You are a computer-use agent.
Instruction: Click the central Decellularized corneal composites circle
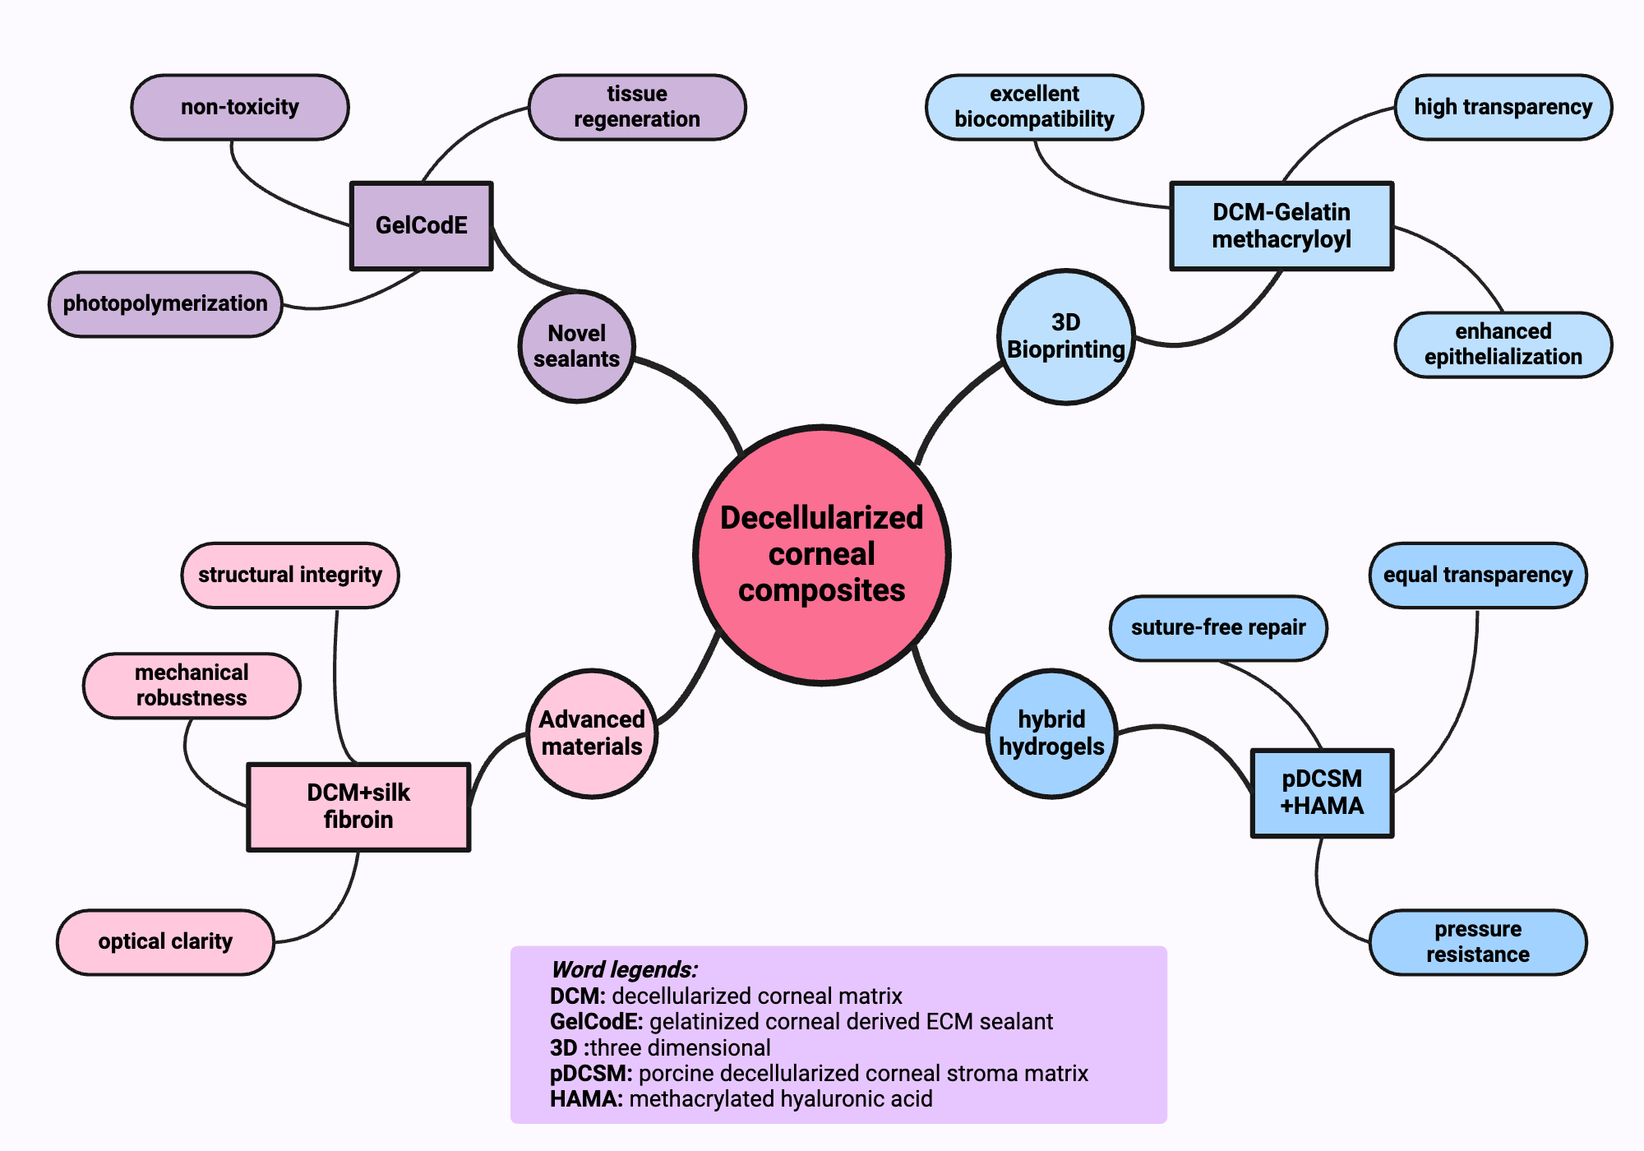point(822,555)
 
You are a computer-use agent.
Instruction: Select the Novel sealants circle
point(577,346)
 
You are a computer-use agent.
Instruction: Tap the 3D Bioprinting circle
point(1066,336)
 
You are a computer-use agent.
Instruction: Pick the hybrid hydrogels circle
point(1051,733)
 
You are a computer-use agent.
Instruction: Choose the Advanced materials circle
point(592,733)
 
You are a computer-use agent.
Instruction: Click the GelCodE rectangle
point(422,225)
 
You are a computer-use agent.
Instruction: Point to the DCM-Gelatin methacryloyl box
point(1281,225)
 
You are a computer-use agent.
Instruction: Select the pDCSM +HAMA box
point(1322,793)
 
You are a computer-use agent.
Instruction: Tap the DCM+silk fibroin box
point(358,806)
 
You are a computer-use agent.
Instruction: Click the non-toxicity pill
point(240,107)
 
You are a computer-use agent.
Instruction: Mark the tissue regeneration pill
point(637,107)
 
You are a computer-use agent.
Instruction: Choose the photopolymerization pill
point(165,303)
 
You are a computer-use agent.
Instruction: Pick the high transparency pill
point(1503,107)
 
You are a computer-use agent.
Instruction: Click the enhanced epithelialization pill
point(1503,344)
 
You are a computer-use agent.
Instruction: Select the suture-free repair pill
point(1218,627)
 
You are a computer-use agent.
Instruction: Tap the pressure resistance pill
point(1477,941)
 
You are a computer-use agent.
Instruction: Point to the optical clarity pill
point(165,941)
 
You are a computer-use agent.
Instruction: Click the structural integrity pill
point(290,575)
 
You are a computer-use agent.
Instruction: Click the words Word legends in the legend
point(624,969)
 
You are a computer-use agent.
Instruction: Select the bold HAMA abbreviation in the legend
point(585,1099)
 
